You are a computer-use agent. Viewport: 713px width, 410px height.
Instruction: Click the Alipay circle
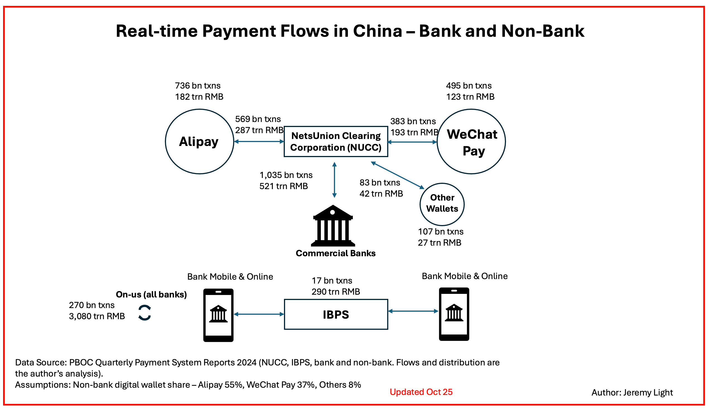199,141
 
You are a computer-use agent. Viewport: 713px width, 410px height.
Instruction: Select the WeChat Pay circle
471,141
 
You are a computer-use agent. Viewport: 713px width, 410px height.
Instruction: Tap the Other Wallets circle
442,204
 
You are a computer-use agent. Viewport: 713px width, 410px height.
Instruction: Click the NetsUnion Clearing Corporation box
336,141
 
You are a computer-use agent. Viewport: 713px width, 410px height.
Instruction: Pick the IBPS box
336,314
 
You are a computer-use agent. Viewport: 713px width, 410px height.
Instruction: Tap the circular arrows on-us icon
144,313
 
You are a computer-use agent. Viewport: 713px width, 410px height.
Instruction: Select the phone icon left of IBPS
218,315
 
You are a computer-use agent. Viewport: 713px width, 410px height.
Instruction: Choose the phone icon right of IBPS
454,314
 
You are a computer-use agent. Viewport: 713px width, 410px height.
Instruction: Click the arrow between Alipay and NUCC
259,141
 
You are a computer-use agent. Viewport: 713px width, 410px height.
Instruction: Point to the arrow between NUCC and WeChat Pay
413,142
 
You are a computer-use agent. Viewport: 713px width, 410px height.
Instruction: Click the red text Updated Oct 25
421,392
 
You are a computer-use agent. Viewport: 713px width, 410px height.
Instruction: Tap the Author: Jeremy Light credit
632,392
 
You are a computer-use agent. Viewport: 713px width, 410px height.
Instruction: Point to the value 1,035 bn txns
286,175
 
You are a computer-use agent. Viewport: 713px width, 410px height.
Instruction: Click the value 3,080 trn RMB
97,316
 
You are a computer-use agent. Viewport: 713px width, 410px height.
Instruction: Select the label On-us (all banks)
151,294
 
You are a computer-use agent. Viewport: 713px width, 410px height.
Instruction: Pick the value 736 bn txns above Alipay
197,86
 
